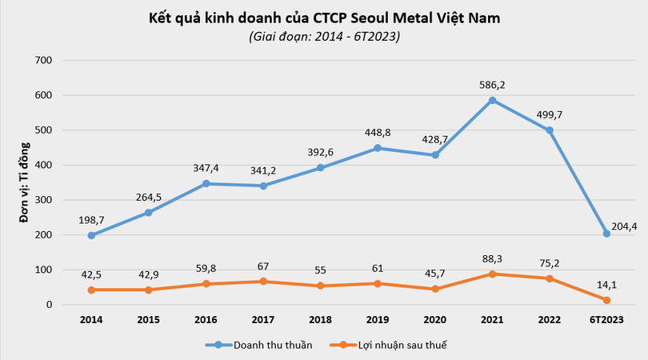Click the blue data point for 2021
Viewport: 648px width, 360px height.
[493, 100]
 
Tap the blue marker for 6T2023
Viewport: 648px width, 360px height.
[607, 234]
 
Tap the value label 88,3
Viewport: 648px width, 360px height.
[493, 257]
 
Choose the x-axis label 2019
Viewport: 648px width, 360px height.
[378, 319]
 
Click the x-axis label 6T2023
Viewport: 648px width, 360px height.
[606, 319]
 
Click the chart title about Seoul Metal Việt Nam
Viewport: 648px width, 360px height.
[324, 18]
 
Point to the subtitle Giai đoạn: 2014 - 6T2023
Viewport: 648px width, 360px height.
[324, 37]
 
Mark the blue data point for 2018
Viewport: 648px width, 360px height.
[321, 168]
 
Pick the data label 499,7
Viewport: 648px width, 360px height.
[549, 113]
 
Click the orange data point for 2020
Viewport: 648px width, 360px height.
[435, 289]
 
